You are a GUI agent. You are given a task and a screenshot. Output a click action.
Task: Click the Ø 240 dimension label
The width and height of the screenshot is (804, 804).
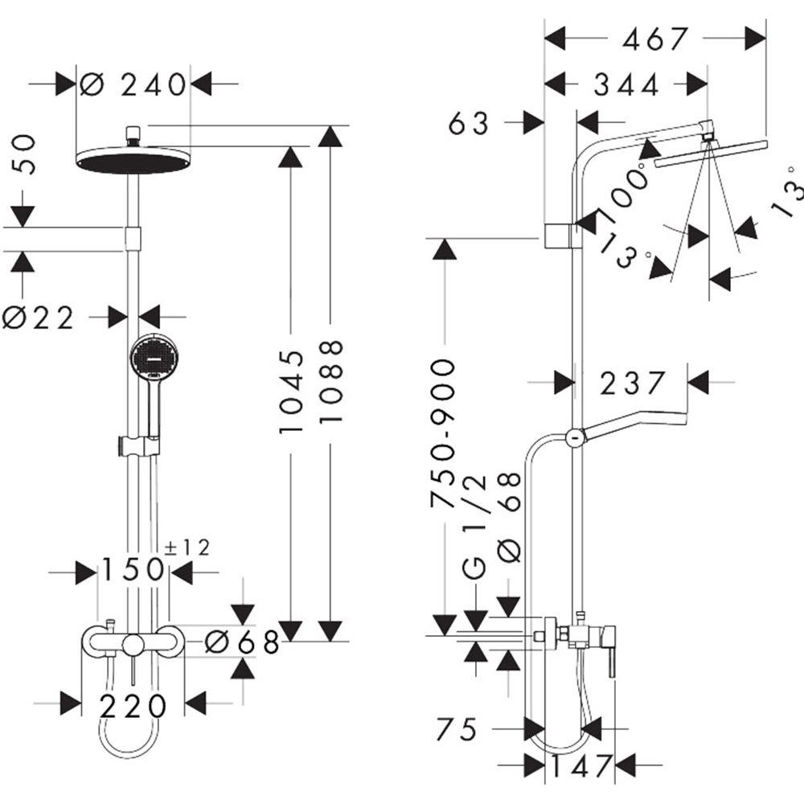coord(133,84)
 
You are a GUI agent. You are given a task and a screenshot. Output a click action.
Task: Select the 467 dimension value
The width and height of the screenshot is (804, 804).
coord(654,39)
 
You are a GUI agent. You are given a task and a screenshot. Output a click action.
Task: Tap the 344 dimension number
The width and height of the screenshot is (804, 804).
coord(626,85)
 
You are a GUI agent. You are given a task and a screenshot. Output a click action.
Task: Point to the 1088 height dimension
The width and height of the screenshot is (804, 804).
coord(330,381)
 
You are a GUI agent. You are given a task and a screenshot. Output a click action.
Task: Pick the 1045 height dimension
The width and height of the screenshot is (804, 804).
coord(291,392)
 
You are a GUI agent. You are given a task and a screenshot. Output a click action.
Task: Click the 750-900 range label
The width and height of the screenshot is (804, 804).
coord(442,434)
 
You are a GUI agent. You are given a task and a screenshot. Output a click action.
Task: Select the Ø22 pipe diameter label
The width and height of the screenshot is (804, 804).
coord(39,318)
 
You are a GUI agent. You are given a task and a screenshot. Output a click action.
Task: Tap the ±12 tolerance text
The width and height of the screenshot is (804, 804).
coord(187,548)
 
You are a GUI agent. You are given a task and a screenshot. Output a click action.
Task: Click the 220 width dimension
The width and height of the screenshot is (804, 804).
coord(133,707)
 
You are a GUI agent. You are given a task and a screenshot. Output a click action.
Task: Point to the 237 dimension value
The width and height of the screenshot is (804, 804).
coord(633,383)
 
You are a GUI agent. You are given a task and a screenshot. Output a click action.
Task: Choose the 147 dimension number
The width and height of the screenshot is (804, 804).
coord(581,766)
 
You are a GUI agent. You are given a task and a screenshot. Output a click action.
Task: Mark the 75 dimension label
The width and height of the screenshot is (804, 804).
coord(457,728)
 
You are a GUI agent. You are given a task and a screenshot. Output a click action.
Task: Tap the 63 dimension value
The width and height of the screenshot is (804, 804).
coord(468,123)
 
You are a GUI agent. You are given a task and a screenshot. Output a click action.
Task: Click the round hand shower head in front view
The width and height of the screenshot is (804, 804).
coord(150,359)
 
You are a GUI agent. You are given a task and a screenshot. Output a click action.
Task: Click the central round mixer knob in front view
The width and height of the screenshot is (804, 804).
coord(133,644)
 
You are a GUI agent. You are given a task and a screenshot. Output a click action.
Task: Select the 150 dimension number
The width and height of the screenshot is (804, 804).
coord(133,570)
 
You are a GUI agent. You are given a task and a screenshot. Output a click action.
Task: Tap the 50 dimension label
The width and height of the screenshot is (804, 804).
coord(23,155)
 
